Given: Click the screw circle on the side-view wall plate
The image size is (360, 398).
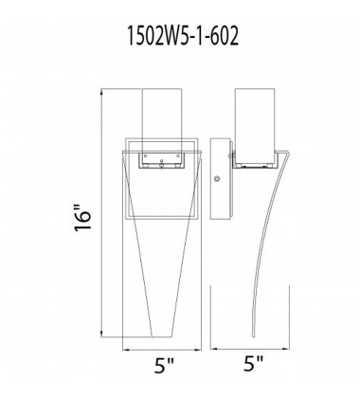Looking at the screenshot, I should [219, 177].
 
